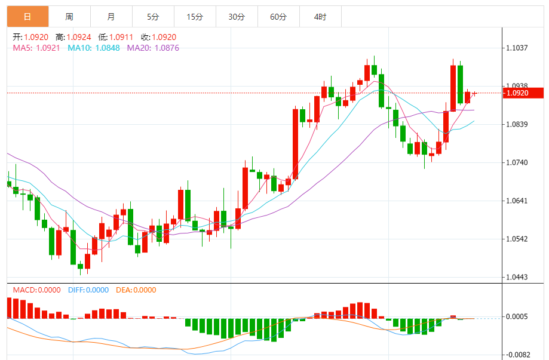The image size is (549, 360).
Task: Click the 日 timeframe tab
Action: (27, 17)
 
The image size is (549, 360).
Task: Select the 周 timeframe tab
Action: (69, 17)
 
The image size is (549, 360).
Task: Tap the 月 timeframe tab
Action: (111, 17)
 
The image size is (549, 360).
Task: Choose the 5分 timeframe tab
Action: (153, 17)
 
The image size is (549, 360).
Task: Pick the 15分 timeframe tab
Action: (195, 17)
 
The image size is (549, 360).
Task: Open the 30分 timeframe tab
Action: (237, 17)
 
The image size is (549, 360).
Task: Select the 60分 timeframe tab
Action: (278, 17)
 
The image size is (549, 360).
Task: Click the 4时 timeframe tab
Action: (320, 17)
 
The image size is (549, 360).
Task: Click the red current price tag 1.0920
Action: (523, 93)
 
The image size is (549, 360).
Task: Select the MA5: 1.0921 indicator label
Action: (36, 48)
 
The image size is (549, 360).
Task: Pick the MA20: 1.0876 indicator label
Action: (153, 48)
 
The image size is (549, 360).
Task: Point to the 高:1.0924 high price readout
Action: (73, 37)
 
